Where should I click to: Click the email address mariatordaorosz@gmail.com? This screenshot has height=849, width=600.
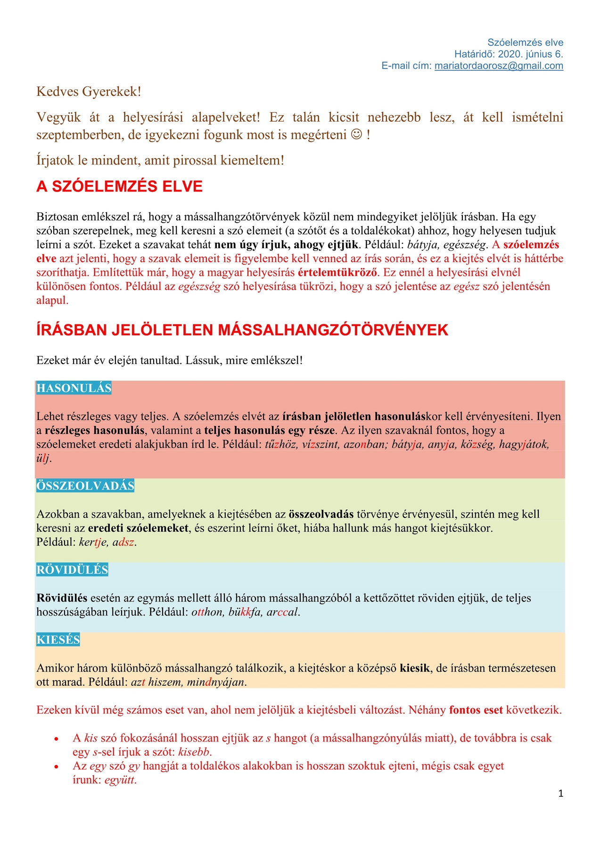pos(499,66)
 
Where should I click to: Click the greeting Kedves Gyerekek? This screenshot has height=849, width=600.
pos(89,92)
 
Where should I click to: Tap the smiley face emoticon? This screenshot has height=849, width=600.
pos(357,135)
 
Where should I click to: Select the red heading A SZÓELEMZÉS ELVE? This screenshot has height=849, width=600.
pos(119,186)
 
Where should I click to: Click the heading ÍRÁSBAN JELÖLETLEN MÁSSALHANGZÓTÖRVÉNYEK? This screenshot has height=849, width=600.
pos(242,330)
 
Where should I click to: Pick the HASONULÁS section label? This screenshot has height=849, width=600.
pos(74,388)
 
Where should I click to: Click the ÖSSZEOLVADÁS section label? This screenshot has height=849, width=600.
pos(85,486)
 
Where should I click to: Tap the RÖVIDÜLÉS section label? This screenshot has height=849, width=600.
pos(72,570)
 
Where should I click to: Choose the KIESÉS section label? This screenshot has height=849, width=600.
pos(58,640)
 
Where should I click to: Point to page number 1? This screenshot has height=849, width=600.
pos(560,794)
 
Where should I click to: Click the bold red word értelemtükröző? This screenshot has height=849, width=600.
pos(338,273)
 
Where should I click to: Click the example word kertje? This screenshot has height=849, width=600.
pos(93,542)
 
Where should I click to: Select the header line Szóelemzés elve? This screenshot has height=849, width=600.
pos(525,42)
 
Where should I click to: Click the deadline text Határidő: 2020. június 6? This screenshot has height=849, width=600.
pos(509,54)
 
